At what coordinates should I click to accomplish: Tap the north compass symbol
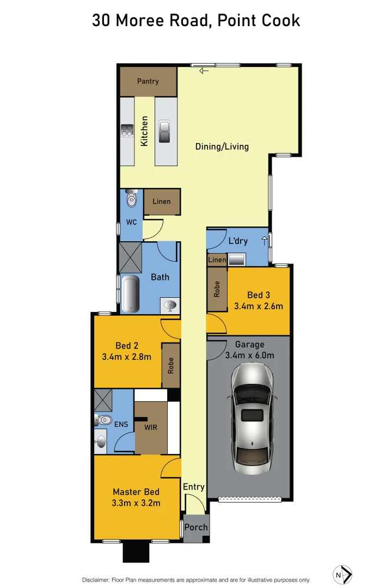[x=342, y=574]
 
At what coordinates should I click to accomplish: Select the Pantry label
[x=148, y=81]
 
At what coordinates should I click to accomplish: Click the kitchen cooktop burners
[x=127, y=131]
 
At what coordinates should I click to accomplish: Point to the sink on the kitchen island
[x=164, y=131]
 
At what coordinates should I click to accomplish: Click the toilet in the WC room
[x=131, y=200]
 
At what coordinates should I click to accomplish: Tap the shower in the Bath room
[x=131, y=258]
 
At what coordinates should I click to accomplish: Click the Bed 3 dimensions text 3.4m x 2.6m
[x=259, y=306]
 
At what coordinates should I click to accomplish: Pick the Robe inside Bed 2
[x=171, y=365]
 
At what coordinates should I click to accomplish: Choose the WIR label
[x=151, y=427]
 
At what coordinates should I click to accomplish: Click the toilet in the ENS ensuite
[x=102, y=420]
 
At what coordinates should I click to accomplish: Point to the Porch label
[x=196, y=527]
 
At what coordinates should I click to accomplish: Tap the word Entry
[x=194, y=487]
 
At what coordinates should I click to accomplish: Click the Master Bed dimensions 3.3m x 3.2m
[x=136, y=503]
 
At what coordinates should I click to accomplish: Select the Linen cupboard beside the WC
[x=162, y=201]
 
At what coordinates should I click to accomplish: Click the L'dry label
[x=238, y=241]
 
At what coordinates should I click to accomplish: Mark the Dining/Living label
[x=222, y=146]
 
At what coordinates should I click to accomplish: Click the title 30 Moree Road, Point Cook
[x=196, y=21]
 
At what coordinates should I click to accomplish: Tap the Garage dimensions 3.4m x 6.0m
[x=250, y=356]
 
